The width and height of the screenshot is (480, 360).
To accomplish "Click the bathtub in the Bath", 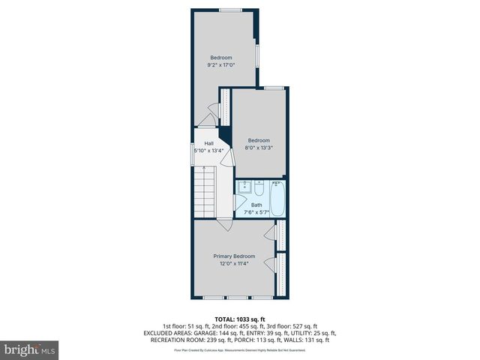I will [277, 198].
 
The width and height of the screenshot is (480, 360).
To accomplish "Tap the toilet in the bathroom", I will [258, 188].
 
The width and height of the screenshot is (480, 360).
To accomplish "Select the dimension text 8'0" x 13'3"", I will [259, 148].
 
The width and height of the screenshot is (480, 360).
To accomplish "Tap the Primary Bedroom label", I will [234, 256].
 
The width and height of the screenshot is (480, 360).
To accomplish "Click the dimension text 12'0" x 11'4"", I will [234, 263].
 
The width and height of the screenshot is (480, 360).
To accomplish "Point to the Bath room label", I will [256, 205].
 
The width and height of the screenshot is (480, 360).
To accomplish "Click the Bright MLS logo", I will [30, 349].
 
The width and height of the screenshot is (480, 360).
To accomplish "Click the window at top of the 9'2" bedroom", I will [230, 10].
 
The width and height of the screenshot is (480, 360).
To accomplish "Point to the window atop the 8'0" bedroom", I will [274, 88].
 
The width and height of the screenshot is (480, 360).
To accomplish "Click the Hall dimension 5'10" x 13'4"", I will [208, 151].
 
